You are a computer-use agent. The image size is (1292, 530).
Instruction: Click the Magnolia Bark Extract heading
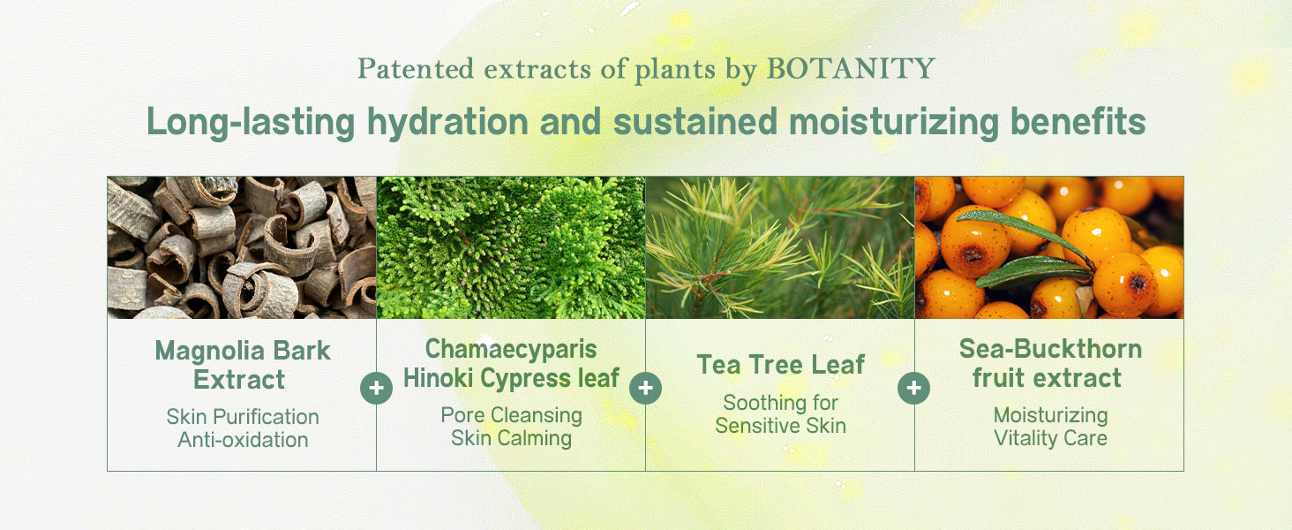242,365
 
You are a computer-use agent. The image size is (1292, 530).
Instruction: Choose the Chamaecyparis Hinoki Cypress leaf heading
511,363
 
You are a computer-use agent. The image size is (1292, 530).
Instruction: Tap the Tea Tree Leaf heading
780,364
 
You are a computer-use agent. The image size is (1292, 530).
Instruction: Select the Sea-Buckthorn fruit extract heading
1049,363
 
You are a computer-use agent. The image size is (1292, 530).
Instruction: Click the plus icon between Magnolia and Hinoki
376,388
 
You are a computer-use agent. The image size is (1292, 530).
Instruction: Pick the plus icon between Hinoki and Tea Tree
645,388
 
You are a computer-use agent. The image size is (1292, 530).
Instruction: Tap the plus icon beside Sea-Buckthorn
913,388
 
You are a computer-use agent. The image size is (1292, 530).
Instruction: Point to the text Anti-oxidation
243,440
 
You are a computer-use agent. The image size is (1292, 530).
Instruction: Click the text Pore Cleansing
511,415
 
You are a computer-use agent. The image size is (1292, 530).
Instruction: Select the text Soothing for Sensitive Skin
780,414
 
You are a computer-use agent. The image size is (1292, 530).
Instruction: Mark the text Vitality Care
1049,438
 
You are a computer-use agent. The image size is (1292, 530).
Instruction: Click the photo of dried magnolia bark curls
242,247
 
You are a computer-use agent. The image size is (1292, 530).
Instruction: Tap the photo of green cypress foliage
511,247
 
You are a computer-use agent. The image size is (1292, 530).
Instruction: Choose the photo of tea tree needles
780,247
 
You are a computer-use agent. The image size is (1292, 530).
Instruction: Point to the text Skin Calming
511,438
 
